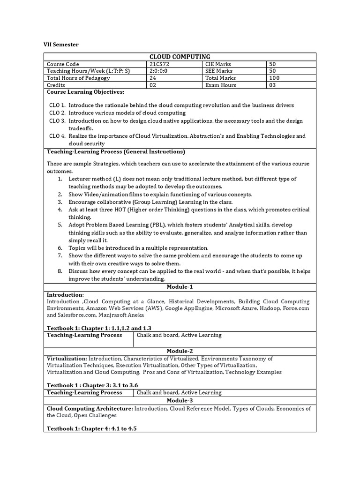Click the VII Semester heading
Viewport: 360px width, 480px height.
point(61,45)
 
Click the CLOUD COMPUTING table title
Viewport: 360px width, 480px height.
point(180,57)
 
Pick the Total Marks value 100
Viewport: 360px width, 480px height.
point(274,78)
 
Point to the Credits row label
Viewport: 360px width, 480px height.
point(56,85)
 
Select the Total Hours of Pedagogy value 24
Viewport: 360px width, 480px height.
point(153,78)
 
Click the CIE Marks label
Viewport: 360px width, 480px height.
point(218,64)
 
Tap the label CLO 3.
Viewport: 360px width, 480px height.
point(57,121)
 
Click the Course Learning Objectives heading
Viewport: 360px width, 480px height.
point(85,92)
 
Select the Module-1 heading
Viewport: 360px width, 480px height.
point(180,287)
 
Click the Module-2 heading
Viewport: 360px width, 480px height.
point(180,351)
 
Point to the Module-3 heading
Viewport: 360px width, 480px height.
point(180,400)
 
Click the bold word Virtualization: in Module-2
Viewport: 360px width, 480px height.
point(67,358)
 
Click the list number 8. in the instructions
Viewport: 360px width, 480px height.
point(60,271)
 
